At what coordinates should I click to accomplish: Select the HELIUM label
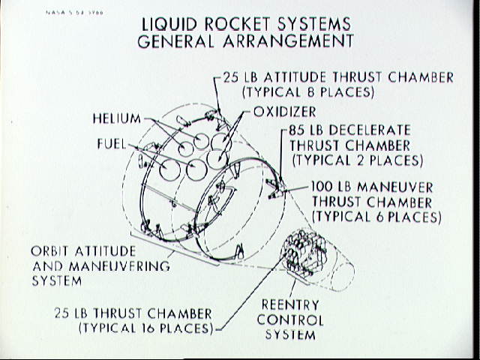116,118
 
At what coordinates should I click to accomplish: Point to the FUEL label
111,142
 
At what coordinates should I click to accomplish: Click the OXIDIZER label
284,112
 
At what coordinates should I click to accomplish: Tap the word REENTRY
290,304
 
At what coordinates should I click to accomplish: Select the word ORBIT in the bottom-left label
52,251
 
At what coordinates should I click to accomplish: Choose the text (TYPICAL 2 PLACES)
357,160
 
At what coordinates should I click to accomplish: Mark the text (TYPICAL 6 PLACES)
376,217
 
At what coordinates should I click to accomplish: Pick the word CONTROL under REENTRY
290,319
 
